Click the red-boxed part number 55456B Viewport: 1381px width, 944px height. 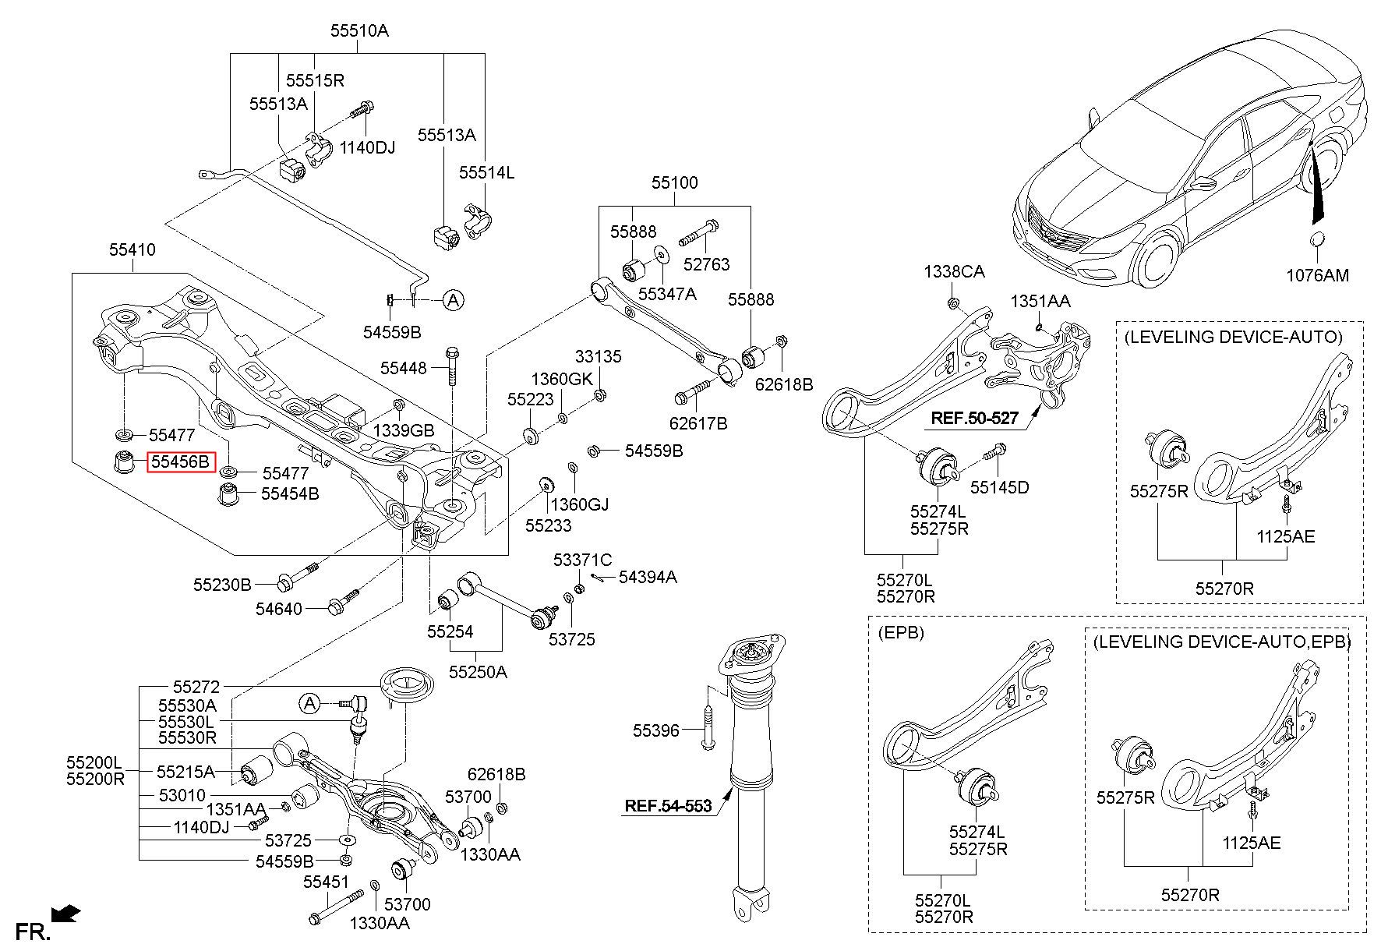180,461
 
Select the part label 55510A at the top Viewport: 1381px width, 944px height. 359,31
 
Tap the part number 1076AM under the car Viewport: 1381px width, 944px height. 1317,275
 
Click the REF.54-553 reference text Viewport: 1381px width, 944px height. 668,805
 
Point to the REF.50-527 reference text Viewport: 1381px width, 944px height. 974,418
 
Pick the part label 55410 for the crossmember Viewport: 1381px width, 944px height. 132,249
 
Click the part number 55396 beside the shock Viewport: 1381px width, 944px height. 656,730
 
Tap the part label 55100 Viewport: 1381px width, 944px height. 675,182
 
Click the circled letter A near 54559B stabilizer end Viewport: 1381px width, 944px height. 454,299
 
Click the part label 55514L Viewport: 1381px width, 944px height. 487,172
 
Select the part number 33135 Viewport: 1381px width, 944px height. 599,356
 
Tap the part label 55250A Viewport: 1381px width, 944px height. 478,671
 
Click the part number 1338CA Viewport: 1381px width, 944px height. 955,271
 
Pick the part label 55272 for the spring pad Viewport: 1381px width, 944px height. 196,687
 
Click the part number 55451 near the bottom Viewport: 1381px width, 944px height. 327,882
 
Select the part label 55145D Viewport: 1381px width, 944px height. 999,487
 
